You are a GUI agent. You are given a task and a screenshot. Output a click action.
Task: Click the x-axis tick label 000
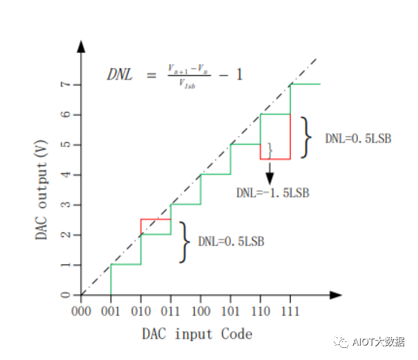click(x=81, y=312)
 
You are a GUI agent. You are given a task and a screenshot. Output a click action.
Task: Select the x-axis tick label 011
click(x=171, y=312)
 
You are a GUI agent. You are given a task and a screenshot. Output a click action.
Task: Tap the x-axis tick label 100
click(x=201, y=312)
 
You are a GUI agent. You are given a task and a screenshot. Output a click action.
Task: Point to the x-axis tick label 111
click(x=290, y=312)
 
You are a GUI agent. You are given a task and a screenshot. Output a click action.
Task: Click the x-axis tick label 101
click(x=231, y=312)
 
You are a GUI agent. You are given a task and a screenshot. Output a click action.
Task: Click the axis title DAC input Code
click(x=197, y=333)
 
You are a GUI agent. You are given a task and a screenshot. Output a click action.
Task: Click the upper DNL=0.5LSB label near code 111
click(x=358, y=138)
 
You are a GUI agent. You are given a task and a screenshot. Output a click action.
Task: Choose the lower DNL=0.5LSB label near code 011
click(x=231, y=242)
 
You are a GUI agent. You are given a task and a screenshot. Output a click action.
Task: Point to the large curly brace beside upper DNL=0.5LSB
click(x=306, y=137)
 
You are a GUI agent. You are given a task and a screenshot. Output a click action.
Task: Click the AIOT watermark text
click(x=377, y=342)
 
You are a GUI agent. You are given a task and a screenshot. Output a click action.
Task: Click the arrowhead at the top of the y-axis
click(x=81, y=46)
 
